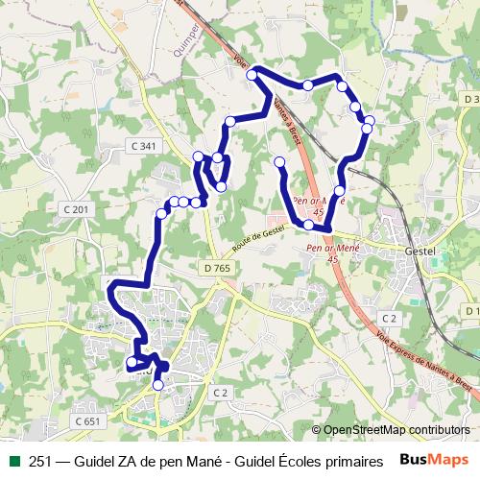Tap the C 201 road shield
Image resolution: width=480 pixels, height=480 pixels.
(76, 209)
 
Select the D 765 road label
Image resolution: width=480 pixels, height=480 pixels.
(216, 268)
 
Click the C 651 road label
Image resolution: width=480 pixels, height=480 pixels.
(86, 420)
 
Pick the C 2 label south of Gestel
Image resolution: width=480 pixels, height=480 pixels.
(389, 317)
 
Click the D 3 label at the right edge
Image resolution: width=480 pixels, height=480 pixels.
(469, 99)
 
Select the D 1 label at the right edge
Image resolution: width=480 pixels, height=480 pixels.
(471, 311)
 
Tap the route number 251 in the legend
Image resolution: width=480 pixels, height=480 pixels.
(41, 459)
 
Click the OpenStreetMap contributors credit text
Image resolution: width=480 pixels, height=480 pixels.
(397, 429)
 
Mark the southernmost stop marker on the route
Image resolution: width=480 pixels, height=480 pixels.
(158, 385)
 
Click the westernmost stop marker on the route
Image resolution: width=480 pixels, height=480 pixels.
(132, 362)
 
